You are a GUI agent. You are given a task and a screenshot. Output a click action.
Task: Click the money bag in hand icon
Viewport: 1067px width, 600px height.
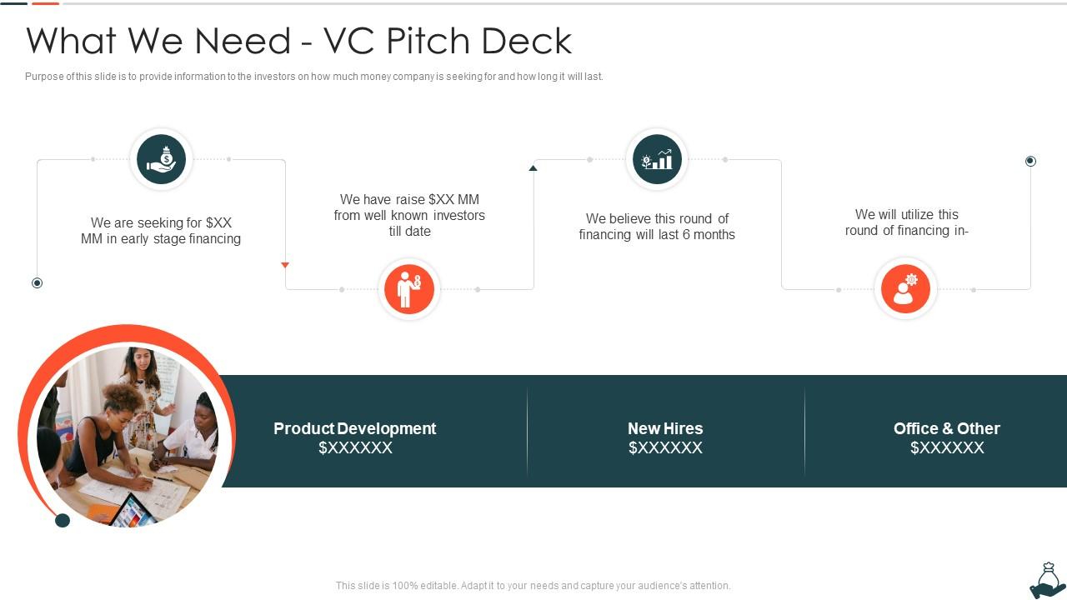coord(161,159)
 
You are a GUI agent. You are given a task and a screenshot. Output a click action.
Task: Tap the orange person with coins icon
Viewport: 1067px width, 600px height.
coord(409,289)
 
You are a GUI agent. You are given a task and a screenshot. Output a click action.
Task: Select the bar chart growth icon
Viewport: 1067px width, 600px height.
coord(656,159)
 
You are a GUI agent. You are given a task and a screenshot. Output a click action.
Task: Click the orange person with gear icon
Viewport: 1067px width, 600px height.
coord(905,289)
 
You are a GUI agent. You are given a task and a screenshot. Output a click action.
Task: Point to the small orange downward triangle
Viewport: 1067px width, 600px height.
coord(285,265)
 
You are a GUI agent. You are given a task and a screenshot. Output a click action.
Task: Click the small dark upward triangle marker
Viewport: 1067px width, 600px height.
coord(533,168)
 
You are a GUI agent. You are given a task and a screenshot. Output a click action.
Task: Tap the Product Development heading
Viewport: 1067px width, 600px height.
coord(354,428)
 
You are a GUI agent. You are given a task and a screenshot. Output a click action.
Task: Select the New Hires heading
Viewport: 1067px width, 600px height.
coord(665,428)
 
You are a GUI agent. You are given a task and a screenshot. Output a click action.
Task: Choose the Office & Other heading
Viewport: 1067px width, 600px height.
coord(946,428)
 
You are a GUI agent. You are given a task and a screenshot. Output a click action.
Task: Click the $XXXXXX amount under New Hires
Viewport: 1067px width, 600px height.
coord(665,448)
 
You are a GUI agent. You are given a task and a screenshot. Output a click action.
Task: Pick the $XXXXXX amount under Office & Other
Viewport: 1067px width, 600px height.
coord(946,448)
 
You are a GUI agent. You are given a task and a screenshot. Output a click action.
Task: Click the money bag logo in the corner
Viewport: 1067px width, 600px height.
coord(1047,581)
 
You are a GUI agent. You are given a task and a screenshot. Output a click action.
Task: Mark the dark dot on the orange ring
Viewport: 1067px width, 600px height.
coord(63,521)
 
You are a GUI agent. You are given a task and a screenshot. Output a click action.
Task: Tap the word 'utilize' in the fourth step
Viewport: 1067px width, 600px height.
coord(906,214)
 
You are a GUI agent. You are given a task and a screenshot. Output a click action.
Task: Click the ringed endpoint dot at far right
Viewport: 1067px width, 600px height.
coord(1030,161)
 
